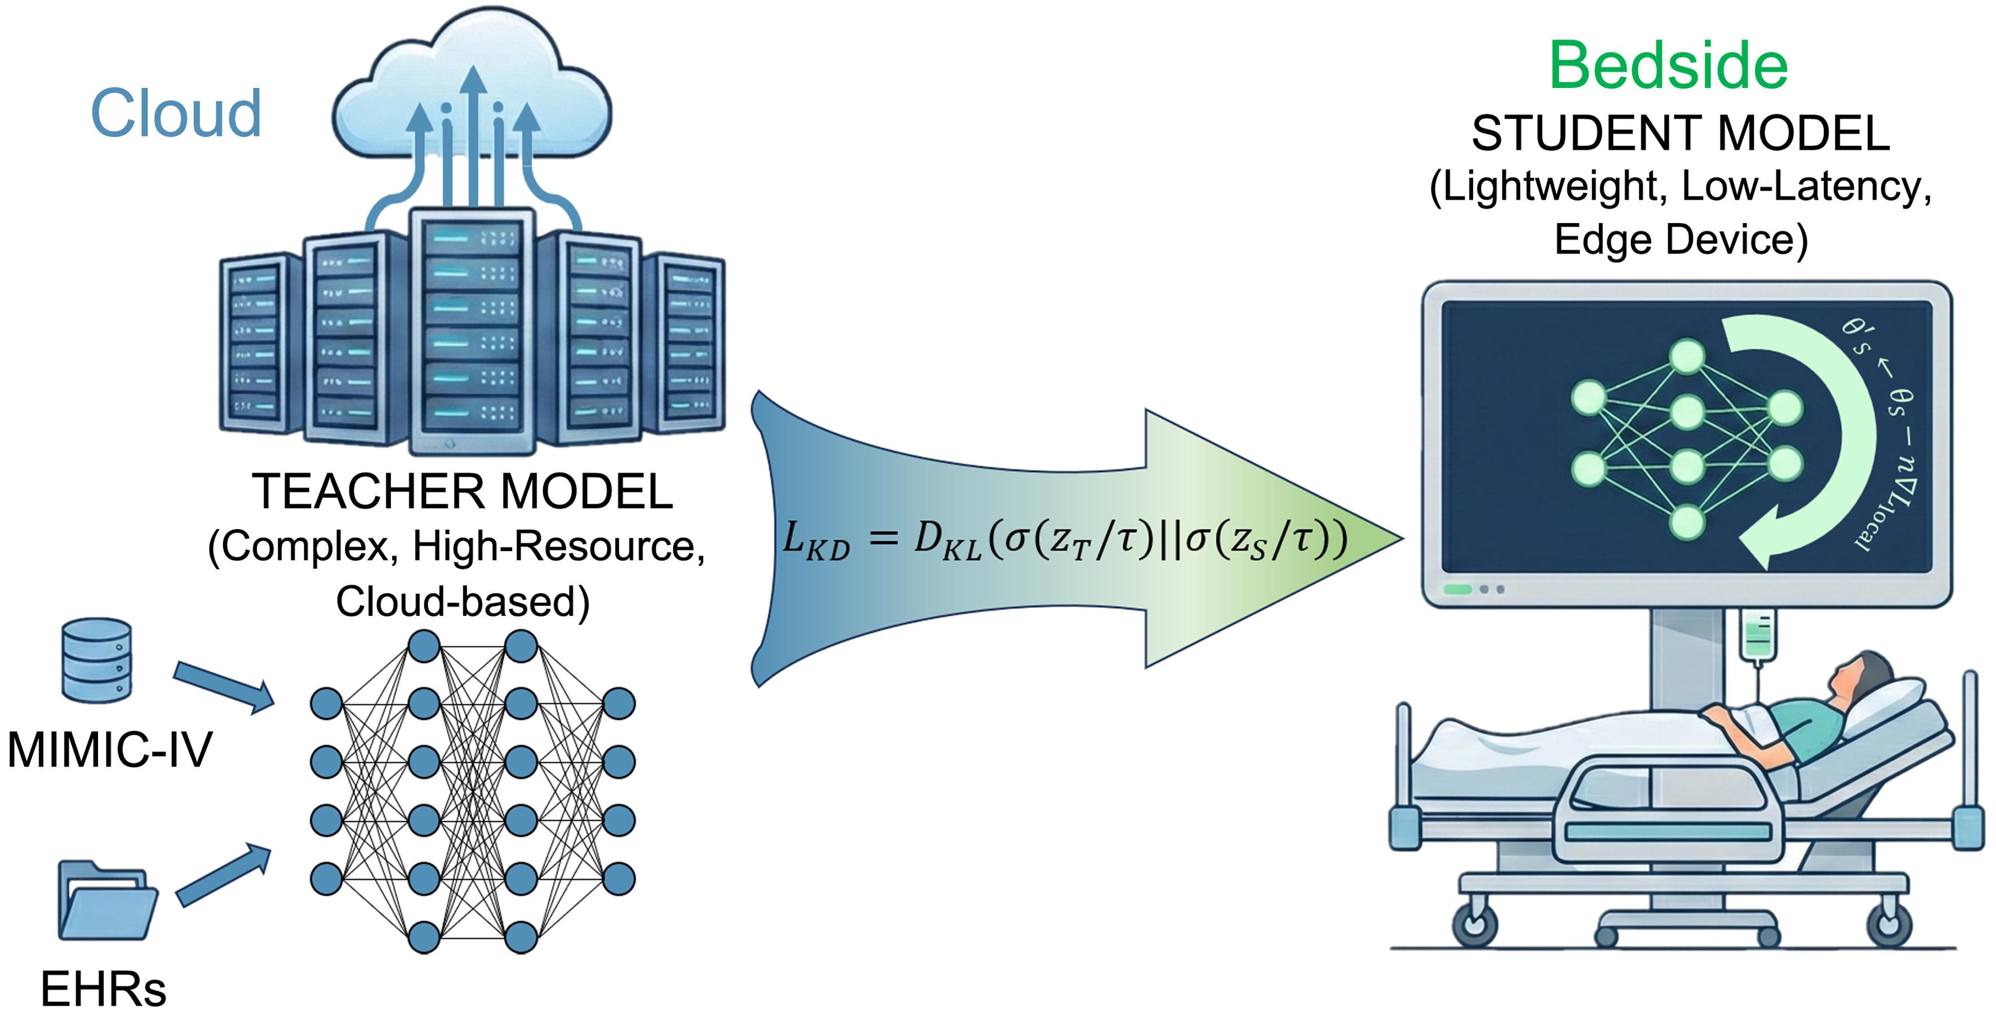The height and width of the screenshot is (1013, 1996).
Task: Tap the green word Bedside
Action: pyautogui.click(x=1668, y=66)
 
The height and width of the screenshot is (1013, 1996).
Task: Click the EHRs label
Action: pyautogui.click(x=103, y=989)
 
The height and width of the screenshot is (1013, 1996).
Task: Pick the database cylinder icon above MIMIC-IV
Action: pyautogui.click(x=97, y=660)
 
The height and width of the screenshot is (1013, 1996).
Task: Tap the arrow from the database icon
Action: pyautogui.click(x=224, y=686)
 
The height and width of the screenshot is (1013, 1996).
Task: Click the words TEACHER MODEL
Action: pyautogui.click(x=463, y=491)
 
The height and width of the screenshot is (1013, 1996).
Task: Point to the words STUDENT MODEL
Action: pyautogui.click(x=1680, y=134)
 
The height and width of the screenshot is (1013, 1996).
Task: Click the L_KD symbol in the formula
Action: pyautogui.click(x=815, y=539)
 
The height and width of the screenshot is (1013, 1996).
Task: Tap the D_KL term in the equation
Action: pyautogui.click(x=947, y=539)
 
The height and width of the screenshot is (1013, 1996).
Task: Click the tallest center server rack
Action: pyautogui.click(x=472, y=330)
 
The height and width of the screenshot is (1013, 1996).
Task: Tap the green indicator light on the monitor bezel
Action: pyautogui.click(x=1457, y=590)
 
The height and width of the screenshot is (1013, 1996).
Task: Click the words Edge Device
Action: pyautogui.click(x=1680, y=239)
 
